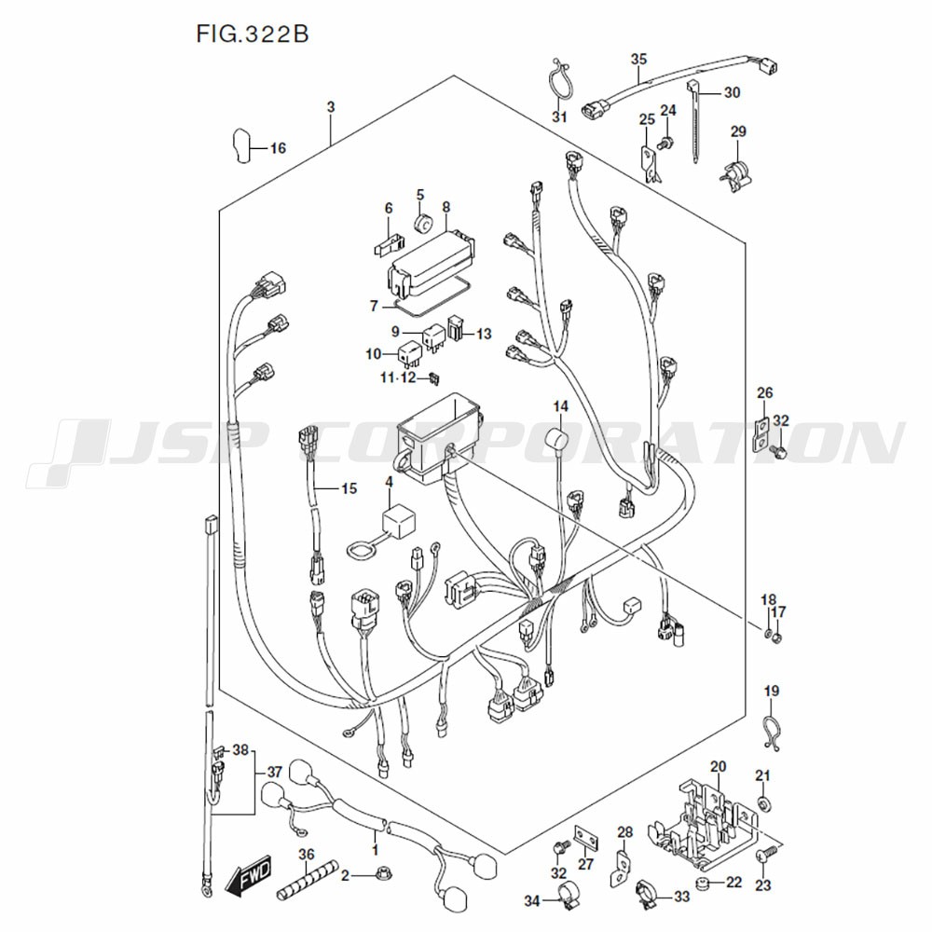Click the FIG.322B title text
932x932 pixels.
[253, 34]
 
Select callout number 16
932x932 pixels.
[278, 148]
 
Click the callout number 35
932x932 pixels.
[639, 60]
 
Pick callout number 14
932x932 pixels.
[561, 406]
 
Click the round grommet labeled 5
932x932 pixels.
[423, 224]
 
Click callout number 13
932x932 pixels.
[485, 334]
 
